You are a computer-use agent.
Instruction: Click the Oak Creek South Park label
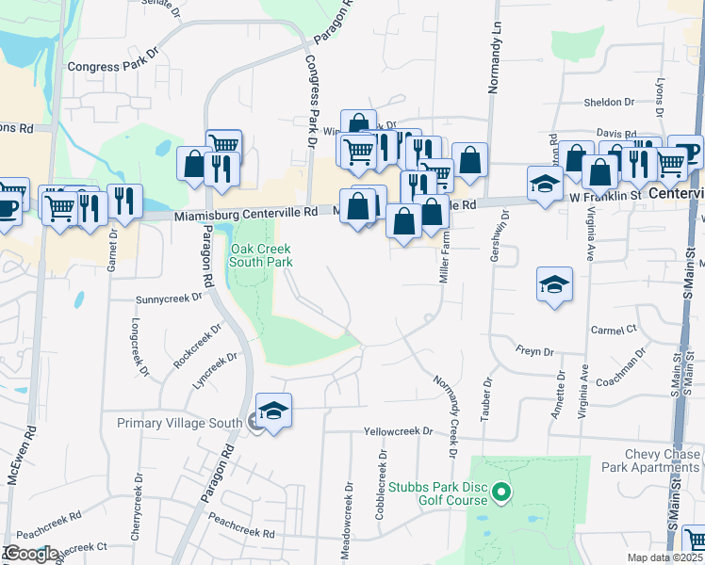[x=261, y=255]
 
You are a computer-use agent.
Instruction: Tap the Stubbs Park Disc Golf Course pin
[x=501, y=492]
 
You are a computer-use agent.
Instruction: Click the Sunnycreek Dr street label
[x=170, y=298]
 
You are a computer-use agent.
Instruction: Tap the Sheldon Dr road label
[x=609, y=102]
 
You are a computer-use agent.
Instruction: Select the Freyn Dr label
[x=534, y=352]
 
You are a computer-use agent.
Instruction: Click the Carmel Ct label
[x=614, y=331]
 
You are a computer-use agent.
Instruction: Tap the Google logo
[x=30, y=553]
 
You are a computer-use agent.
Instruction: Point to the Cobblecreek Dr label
[x=383, y=476]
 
